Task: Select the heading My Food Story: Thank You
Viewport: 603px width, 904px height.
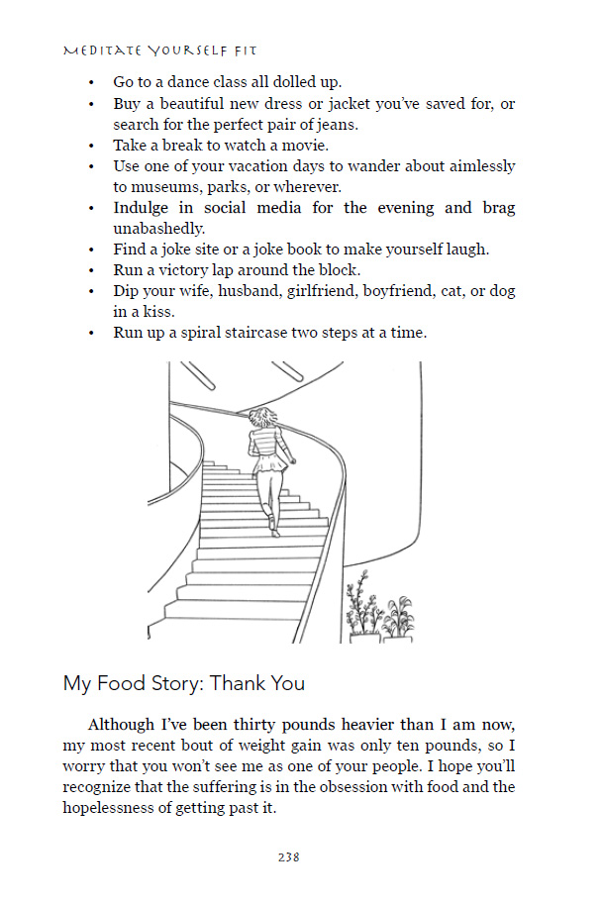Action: [x=183, y=683]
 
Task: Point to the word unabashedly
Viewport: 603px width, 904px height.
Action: [x=163, y=228]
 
